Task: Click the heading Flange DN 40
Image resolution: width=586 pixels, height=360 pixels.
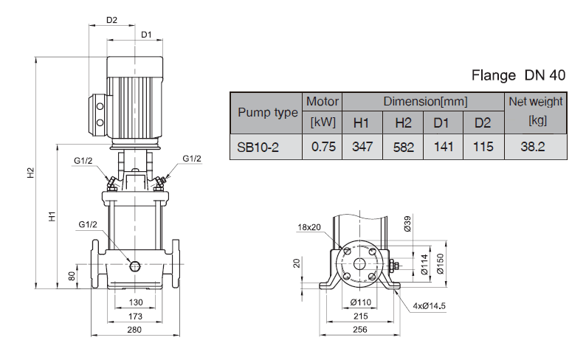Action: click(x=517, y=75)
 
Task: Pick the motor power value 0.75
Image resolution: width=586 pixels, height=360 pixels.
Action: click(x=323, y=146)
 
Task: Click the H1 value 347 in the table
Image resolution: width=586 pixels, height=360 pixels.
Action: click(x=362, y=146)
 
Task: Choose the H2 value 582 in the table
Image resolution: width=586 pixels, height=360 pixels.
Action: click(x=403, y=146)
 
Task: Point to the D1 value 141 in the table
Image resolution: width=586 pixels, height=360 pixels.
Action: click(x=443, y=146)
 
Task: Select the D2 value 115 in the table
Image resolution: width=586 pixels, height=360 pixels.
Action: click(x=483, y=146)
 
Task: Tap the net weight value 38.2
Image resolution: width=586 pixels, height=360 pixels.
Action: click(x=532, y=146)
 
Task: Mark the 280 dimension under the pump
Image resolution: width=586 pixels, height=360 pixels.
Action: click(x=134, y=330)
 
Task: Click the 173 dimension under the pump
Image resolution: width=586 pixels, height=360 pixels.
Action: click(x=134, y=316)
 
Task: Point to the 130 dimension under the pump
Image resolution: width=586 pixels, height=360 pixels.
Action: click(x=135, y=302)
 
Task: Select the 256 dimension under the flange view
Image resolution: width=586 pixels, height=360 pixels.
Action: click(x=360, y=330)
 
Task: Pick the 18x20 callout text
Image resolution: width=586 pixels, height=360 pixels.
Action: click(x=310, y=227)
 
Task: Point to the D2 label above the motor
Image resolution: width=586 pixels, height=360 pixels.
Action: click(x=112, y=20)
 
